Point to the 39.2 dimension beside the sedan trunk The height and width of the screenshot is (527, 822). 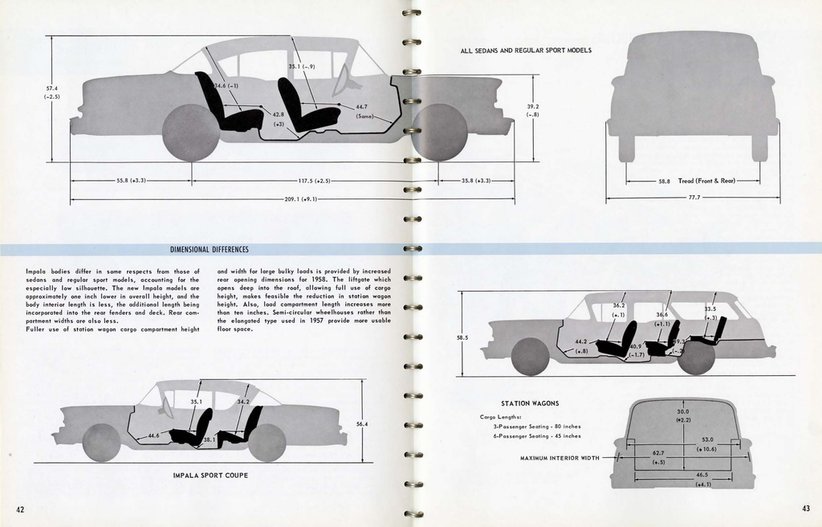click(533, 109)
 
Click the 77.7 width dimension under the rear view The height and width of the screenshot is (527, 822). click(694, 197)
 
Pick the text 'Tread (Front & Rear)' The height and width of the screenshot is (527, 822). click(707, 182)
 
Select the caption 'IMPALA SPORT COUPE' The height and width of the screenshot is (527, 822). click(210, 476)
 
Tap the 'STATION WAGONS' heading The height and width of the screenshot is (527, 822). click(530, 403)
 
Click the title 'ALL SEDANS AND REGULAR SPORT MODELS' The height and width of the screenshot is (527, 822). click(526, 51)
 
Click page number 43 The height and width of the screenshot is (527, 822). click(805, 508)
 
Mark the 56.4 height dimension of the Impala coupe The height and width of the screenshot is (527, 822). click(362, 423)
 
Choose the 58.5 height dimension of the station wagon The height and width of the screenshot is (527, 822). click(462, 338)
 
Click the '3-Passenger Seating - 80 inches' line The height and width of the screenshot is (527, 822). click(536, 427)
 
